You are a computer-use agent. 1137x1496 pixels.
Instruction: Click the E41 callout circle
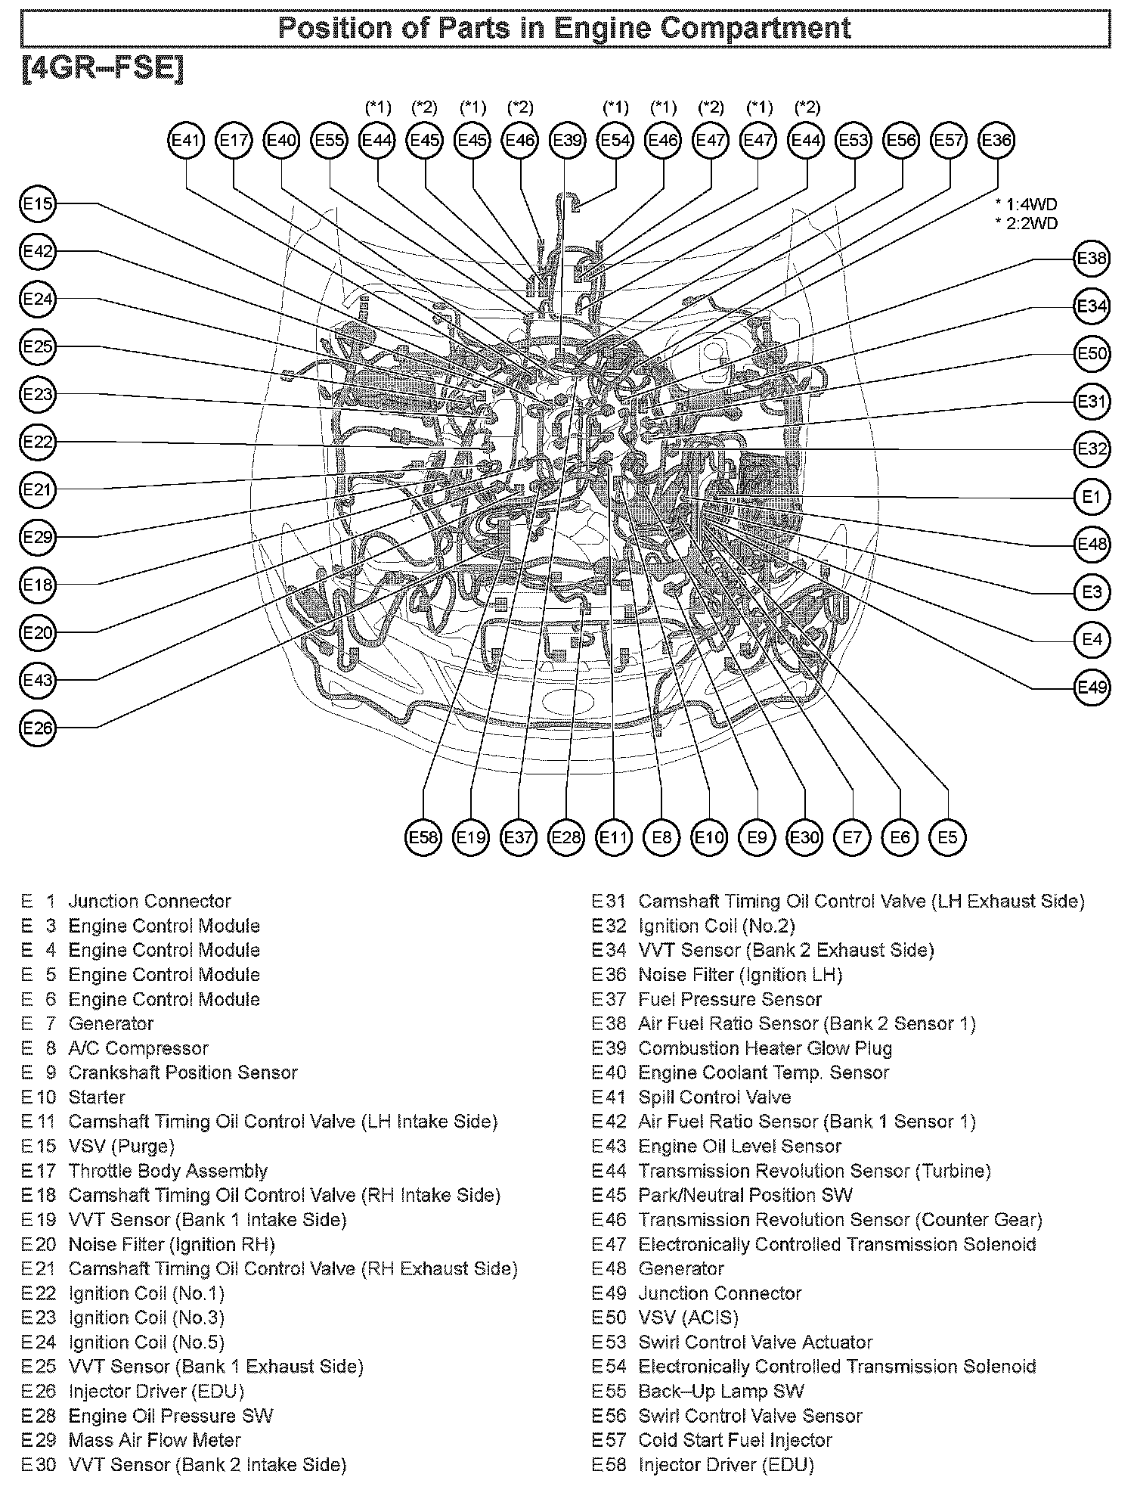tap(186, 140)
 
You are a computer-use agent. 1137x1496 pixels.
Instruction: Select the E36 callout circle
tap(996, 140)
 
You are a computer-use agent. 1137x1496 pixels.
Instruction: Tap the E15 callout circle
tap(38, 204)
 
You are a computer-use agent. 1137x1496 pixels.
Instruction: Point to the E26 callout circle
tap(38, 728)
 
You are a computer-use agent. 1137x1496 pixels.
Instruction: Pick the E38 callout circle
tap(1092, 259)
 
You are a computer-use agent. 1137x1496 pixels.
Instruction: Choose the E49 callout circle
tap(1092, 687)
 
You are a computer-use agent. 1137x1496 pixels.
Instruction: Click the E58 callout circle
tap(423, 837)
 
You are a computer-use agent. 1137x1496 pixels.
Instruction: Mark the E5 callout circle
tap(947, 837)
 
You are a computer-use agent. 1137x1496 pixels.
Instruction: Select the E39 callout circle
tap(567, 140)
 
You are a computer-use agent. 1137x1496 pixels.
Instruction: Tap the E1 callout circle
tap(1092, 497)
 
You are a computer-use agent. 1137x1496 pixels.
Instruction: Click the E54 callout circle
tap(615, 140)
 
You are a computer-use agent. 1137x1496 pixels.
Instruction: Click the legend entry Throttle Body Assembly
tap(167, 1172)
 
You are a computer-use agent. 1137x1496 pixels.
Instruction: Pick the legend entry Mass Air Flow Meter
tap(154, 1441)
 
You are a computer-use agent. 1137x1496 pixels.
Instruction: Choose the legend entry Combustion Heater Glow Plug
tap(764, 1049)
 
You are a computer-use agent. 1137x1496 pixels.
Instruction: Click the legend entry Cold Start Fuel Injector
tap(734, 1441)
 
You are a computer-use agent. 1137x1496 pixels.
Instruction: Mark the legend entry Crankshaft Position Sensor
tap(182, 1073)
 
